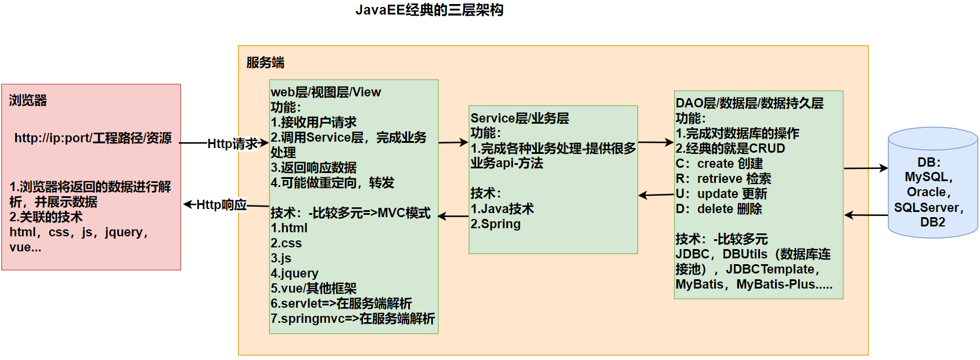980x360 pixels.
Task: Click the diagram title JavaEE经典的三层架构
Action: coord(429,10)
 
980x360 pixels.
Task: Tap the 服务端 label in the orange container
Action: coord(265,63)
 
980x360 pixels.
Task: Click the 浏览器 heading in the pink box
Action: coord(28,100)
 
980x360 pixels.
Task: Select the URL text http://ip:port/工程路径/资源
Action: coord(93,138)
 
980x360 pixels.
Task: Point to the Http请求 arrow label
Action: coord(232,143)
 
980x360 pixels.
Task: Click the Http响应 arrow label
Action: coord(221,204)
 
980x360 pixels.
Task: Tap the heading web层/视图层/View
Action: coord(326,92)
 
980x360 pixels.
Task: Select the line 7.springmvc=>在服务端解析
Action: coord(352,319)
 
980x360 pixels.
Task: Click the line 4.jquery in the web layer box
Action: coord(294,273)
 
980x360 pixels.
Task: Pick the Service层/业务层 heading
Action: coord(520,118)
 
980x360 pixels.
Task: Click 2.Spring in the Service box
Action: coord(495,224)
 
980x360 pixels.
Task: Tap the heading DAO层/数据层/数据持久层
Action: coord(750,103)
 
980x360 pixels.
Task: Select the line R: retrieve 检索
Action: coord(723,179)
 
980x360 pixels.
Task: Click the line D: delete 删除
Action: coord(719,209)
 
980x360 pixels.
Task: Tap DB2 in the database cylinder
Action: coord(932,222)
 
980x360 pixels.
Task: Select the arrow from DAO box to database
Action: coord(866,168)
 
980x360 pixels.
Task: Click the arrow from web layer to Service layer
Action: coord(453,142)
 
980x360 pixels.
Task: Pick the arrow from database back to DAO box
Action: coord(866,215)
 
